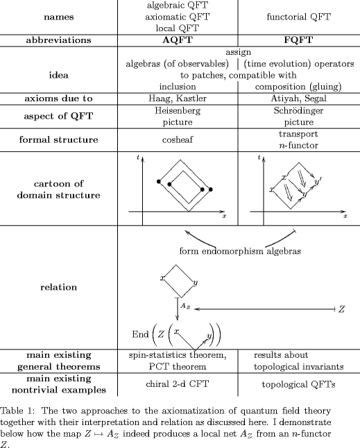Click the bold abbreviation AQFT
pos(178,40)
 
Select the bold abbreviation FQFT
pos(298,40)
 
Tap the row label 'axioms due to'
pos(58,98)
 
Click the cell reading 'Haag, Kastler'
pos(178,99)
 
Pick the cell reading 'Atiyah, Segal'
pos(298,99)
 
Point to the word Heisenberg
pos(178,110)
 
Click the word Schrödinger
pos(298,110)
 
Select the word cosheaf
pos(178,139)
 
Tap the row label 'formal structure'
pos(58,139)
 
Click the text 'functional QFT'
pos(298,17)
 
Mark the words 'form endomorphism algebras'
pos(240,251)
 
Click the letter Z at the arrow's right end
pos(342,309)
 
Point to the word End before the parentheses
pos(140,334)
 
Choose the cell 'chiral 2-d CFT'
pos(178,384)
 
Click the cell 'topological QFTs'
pos(298,385)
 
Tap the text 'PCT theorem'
pos(178,367)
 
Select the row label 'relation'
pos(58,287)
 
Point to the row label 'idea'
pos(58,75)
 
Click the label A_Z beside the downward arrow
pos(185,307)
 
